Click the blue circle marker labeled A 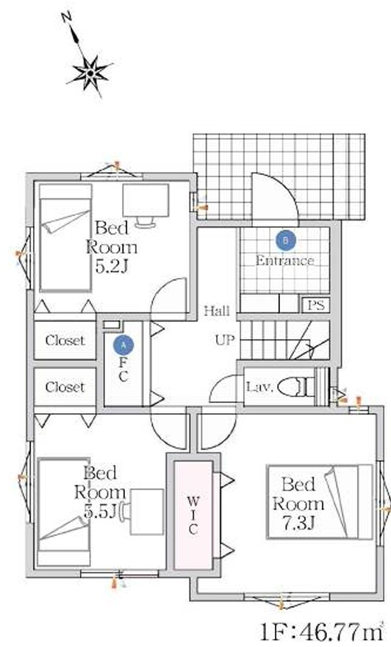click(123, 346)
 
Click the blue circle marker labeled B click(286, 240)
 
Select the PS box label click(316, 305)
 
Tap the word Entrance click(284, 260)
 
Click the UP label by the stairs click(225, 340)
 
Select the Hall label click(217, 310)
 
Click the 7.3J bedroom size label click(298, 523)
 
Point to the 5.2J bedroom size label click(112, 266)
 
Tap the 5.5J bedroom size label click(100, 511)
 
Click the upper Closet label click(65, 340)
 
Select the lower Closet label click(65, 387)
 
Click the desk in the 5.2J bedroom click(146, 201)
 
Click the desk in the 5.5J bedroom click(147, 512)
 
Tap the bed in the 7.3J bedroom click(320, 502)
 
